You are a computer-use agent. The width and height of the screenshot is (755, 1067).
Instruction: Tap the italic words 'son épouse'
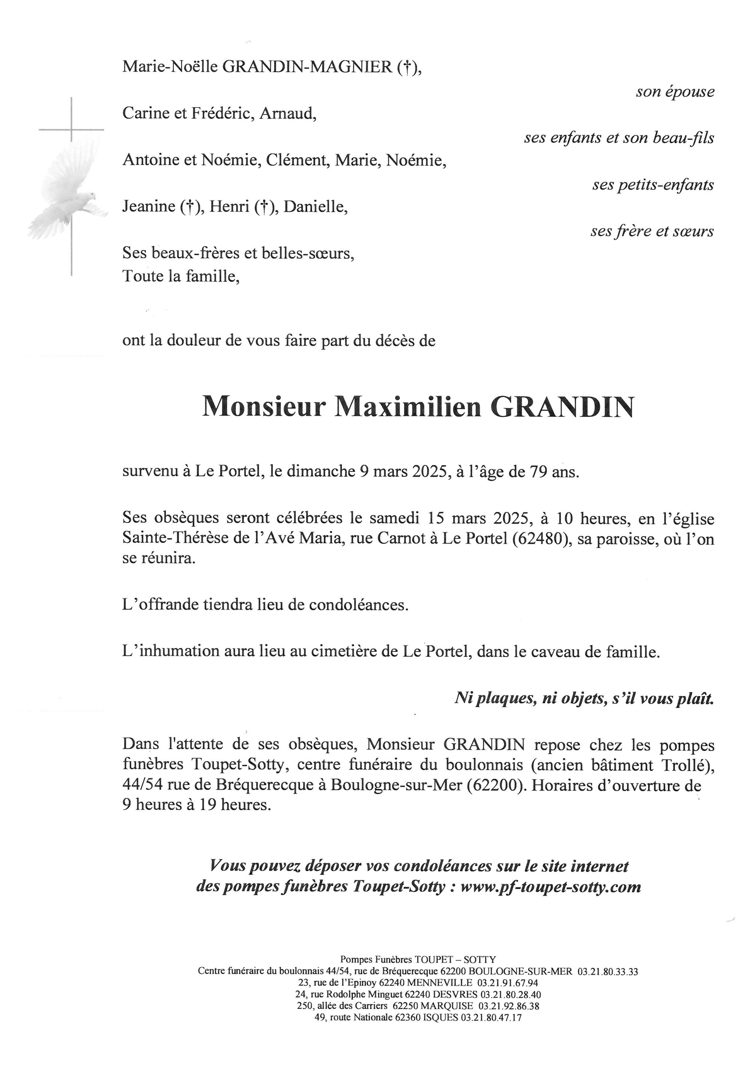tap(675, 92)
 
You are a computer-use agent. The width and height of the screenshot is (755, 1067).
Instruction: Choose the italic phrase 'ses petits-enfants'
tap(653, 185)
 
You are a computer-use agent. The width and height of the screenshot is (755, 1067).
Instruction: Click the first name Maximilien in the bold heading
tap(408, 407)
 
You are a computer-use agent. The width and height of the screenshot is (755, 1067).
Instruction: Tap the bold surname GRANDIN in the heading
tap(563, 407)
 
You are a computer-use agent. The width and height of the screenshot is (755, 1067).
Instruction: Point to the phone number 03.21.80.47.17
tap(491, 1017)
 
